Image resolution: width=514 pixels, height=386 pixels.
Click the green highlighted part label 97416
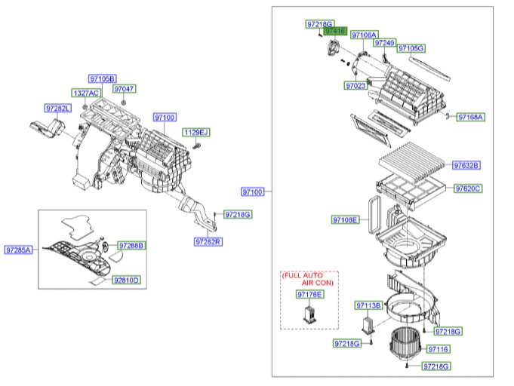[335, 32]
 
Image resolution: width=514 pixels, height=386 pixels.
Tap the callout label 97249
[384, 44]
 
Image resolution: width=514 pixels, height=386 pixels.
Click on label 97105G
[411, 48]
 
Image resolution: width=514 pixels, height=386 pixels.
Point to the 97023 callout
[355, 86]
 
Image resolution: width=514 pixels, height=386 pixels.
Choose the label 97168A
[470, 117]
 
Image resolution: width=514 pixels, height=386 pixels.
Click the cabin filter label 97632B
[466, 165]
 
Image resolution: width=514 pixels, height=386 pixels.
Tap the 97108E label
[345, 220]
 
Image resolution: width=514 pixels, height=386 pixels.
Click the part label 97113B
[369, 305]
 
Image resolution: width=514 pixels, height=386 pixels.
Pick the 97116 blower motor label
[438, 349]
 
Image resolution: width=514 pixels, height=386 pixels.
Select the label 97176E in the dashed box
[309, 294]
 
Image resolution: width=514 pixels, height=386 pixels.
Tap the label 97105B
[101, 78]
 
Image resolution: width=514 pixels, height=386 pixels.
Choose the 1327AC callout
[85, 93]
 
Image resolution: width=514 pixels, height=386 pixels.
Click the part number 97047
[125, 89]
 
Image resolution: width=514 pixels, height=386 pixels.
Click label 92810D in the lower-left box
[127, 280]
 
